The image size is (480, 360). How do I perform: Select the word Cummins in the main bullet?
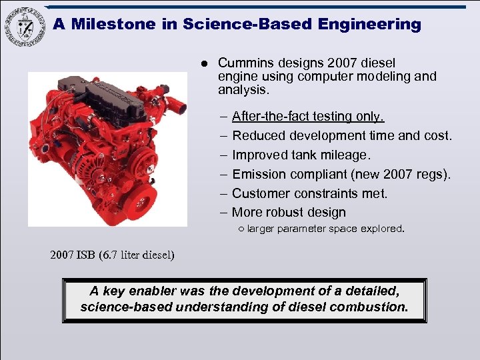coord(243,63)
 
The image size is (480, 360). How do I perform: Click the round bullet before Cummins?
coord(205,64)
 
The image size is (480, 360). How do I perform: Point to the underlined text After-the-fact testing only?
coord(308,116)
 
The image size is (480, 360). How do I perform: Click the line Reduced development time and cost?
coord(341,136)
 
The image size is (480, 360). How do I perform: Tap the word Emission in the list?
coord(259,175)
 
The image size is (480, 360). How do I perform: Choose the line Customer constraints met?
coord(309,194)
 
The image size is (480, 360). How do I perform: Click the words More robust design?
coord(289,213)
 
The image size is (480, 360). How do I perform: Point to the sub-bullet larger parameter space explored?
coord(325,229)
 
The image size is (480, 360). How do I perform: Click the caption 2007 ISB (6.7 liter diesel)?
coord(112,255)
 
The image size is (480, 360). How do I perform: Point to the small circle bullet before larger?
coord(241,229)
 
